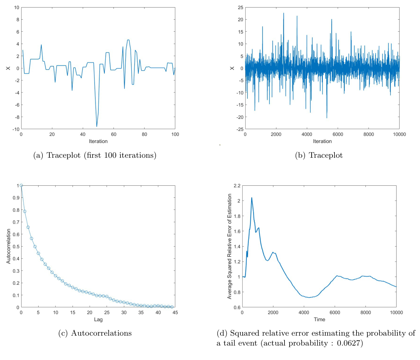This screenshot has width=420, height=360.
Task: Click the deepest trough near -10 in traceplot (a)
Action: tap(97, 126)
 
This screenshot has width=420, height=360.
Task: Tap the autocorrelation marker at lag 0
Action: tap(21, 185)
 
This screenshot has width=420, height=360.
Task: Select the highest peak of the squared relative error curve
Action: tap(252, 198)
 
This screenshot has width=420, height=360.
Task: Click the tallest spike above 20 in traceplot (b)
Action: tap(283, 13)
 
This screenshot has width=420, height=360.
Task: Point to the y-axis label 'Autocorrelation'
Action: tap(8, 246)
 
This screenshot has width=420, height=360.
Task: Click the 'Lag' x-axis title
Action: tap(98, 319)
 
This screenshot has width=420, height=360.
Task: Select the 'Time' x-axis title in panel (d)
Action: tap(319, 319)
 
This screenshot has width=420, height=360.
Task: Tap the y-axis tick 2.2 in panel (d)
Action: tap(237, 186)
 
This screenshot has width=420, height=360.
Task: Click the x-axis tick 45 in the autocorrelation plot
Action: tap(175, 312)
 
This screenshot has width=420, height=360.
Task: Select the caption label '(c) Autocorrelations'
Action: tap(95, 333)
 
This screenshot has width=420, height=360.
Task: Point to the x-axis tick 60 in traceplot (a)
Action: tap(114, 134)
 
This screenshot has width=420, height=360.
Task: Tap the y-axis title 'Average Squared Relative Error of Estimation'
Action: tap(230, 246)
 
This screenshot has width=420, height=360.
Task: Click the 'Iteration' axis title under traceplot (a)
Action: tap(98, 141)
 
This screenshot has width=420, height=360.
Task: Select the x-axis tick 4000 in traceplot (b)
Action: tap(307, 134)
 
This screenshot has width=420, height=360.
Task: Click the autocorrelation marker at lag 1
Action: tap(25, 211)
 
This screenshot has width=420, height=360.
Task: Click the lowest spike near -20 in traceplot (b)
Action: tap(327, 118)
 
